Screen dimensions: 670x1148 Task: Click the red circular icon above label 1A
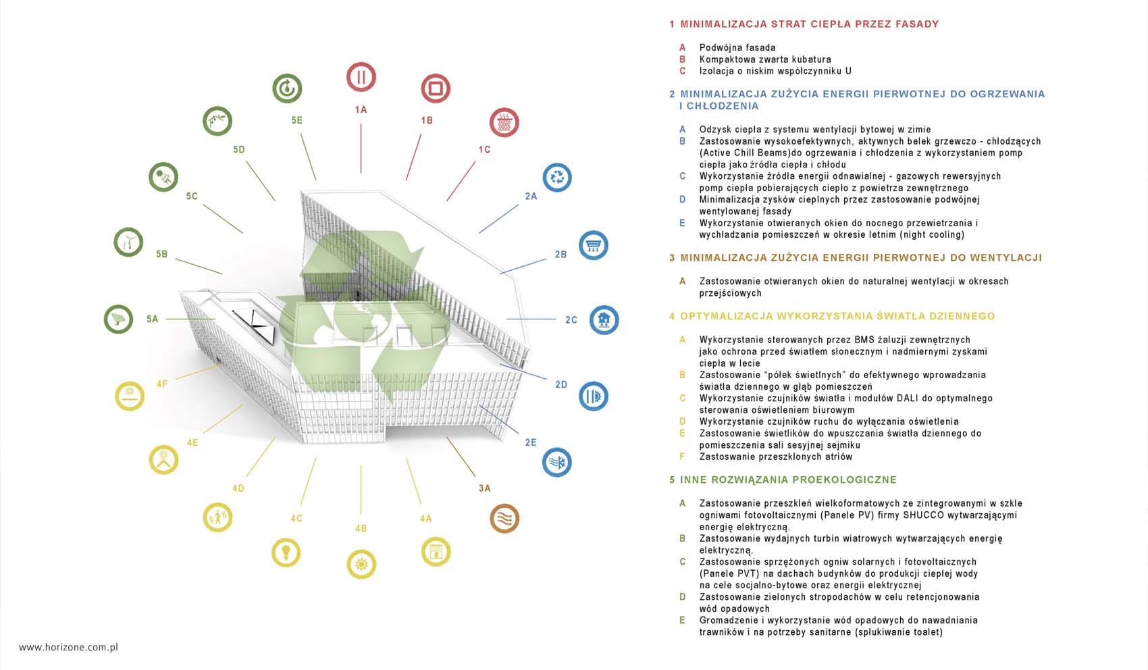(x=361, y=77)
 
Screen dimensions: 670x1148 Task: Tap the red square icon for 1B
(x=436, y=88)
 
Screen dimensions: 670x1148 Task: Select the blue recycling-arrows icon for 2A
(x=557, y=178)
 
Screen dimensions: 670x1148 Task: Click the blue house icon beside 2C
(x=604, y=320)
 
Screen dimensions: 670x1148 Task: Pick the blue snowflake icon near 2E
(x=557, y=463)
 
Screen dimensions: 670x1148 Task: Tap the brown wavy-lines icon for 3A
(x=504, y=519)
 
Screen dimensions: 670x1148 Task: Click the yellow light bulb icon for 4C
(x=286, y=552)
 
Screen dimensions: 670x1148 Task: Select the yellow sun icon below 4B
(x=361, y=565)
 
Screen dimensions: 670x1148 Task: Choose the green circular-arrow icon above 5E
(x=287, y=88)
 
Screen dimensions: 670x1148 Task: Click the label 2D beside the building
(x=561, y=384)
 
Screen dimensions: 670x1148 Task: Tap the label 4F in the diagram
(x=162, y=384)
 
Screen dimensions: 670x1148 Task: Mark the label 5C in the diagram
(x=192, y=196)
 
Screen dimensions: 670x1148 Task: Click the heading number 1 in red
(x=672, y=24)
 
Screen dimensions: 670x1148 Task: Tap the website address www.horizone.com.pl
(x=68, y=647)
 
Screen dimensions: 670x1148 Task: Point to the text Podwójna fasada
(x=737, y=48)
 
